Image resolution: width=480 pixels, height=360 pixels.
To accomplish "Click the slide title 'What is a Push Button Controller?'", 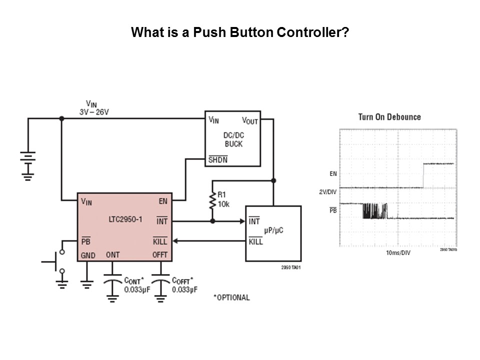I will [x=239, y=33].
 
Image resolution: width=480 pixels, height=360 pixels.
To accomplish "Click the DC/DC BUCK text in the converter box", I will [x=233, y=139].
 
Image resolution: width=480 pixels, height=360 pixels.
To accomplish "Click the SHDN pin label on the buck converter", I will [x=218, y=160].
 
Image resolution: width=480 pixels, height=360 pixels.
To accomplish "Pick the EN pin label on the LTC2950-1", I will [x=162, y=201].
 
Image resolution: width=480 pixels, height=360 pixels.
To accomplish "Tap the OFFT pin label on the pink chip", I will [x=159, y=255].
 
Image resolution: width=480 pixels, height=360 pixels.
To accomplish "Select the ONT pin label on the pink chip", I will [x=112, y=255].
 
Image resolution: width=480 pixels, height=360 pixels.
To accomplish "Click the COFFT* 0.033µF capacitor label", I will [x=184, y=284].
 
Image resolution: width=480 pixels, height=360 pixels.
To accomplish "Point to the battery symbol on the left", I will [x=28, y=162].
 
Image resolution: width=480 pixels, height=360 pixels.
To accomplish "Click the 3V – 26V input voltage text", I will [x=94, y=112].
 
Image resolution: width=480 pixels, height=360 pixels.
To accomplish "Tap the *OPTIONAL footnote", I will [x=231, y=297].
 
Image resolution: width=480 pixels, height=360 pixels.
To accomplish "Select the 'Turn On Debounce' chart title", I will [x=389, y=117].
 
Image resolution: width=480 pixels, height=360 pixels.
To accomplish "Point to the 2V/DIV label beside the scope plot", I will [x=328, y=192].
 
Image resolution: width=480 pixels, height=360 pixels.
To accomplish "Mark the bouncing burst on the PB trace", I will [x=374, y=211].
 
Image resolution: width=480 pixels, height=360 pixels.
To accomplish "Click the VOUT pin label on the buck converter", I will [x=250, y=120].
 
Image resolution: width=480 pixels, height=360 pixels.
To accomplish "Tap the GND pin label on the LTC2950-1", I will [x=88, y=255].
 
